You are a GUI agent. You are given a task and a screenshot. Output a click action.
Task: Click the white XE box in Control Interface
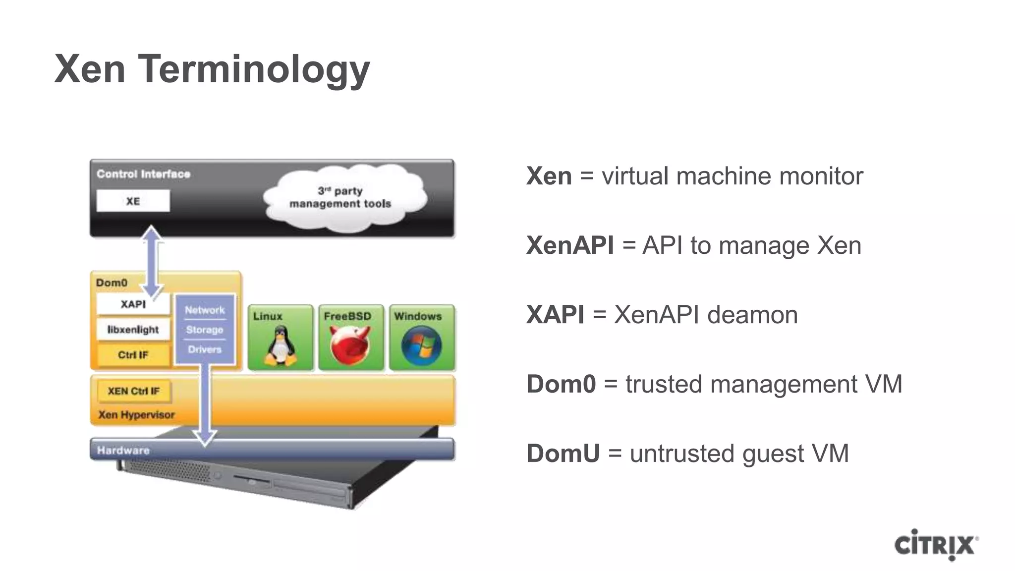coord(133,201)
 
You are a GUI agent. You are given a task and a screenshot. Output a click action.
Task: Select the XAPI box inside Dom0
coord(133,304)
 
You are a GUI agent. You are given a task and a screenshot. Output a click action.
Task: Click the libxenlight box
coord(133,329)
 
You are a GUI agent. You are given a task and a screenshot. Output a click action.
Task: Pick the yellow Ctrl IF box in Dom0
coord(133,355)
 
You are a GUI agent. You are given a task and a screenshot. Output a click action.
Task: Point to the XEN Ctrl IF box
coord(133,391)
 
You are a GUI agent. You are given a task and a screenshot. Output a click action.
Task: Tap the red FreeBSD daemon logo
coord(350,345)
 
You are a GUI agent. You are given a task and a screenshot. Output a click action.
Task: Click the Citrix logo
coord(935,545)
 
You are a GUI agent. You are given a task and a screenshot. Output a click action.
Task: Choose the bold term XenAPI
coord(570,245)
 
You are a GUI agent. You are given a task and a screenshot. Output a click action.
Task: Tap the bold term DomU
coord(563,454)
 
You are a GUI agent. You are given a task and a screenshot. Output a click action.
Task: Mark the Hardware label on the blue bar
coord(123,451)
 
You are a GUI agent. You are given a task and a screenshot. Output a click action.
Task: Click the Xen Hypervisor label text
coord(136,415)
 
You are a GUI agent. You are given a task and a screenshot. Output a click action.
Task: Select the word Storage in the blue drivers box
coord(205,330)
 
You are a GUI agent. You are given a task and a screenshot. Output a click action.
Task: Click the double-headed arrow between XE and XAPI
coord(152,261)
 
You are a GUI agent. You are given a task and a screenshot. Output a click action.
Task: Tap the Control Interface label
coord(143,174)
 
